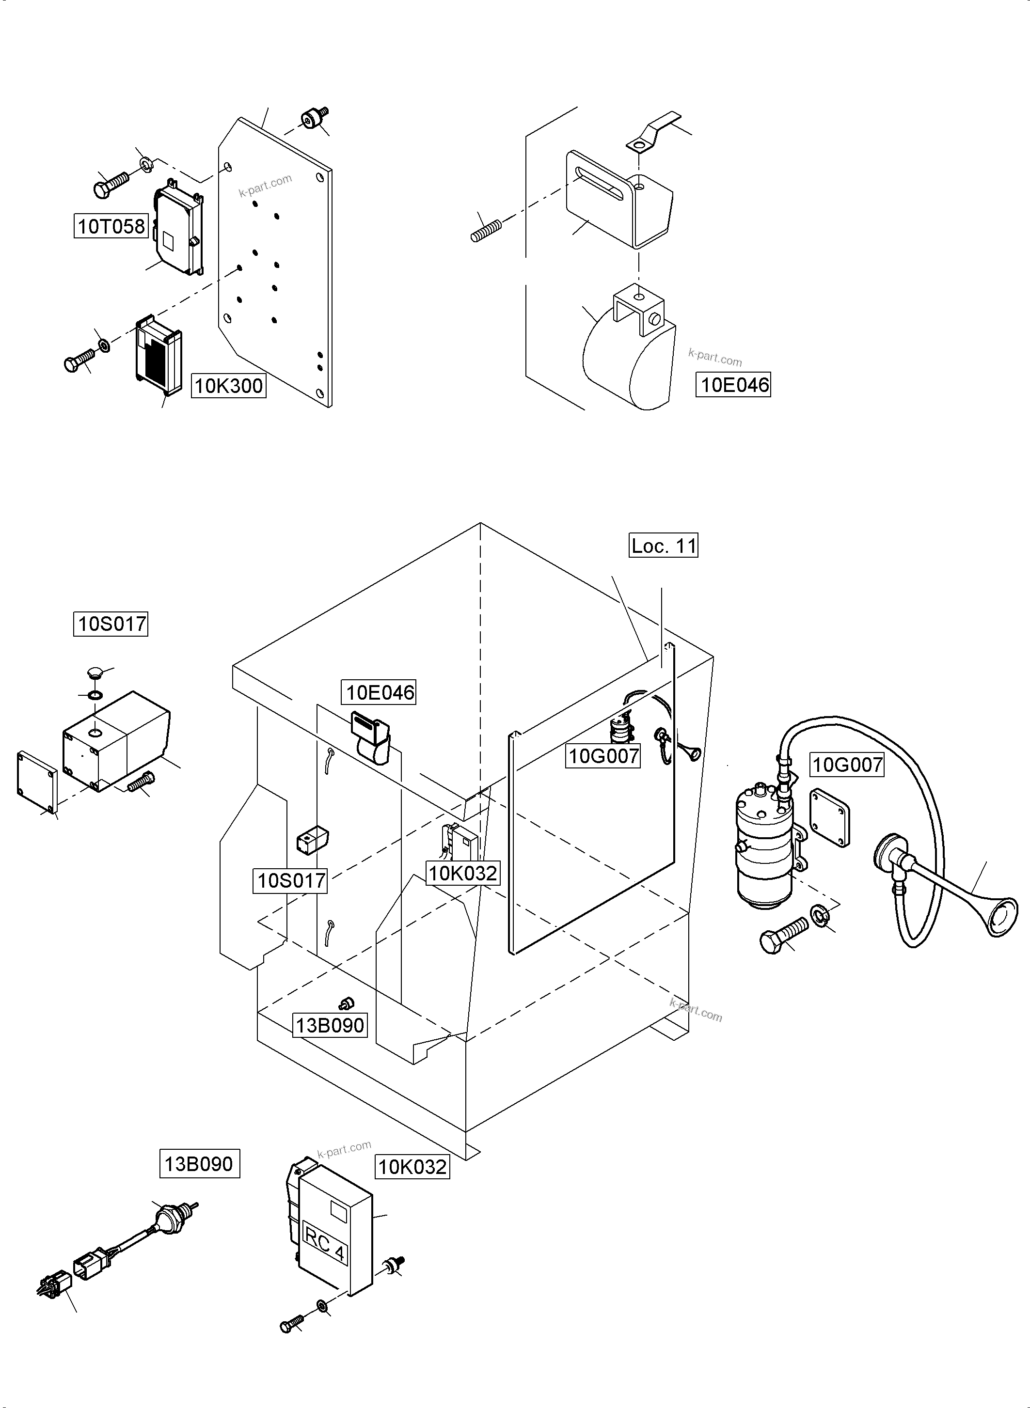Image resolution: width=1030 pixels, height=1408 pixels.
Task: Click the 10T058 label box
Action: [x=111, y=226]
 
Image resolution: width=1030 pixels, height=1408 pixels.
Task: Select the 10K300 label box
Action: [x=228, y=386]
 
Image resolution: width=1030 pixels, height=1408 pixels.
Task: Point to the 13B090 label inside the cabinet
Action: [x=329, y=1025]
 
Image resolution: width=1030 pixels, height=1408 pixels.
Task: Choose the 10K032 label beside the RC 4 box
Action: [x=412, y=1166]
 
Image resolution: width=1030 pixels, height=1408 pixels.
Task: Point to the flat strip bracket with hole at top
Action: [x=651, y=132]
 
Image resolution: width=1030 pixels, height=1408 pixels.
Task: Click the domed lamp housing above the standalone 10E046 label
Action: [x=630, y=359]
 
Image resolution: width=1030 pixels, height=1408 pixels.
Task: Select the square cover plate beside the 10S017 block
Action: [x=37, y=782]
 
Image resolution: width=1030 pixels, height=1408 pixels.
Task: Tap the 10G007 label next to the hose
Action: [x=847, y=764]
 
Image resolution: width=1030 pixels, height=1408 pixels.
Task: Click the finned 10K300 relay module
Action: [x=158, y=355]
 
